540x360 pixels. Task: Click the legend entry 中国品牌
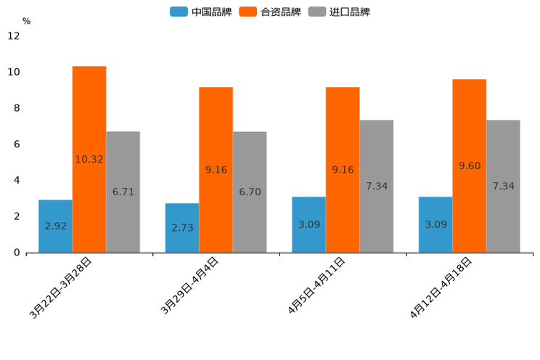201,12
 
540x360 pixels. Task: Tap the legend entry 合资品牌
270,12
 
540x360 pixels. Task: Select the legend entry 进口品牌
339,12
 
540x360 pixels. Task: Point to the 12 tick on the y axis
14,36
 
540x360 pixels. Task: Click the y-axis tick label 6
17,144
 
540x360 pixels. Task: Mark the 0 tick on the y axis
17,253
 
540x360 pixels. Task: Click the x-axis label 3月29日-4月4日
190,285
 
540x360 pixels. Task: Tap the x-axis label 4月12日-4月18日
441,287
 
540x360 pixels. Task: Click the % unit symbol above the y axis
26,21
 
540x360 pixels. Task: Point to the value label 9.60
470,166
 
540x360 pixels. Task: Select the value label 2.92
55,226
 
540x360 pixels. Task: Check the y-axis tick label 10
14,72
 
